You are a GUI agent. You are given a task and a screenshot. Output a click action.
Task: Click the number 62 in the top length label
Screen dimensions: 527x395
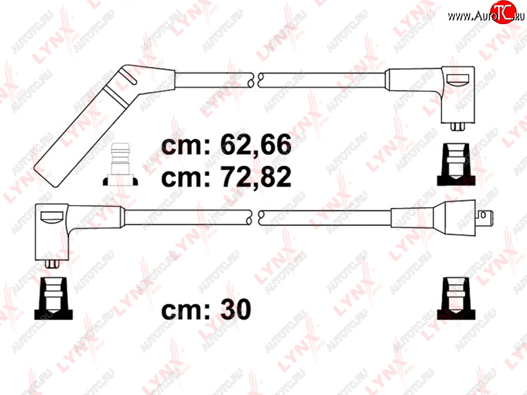(236, 145)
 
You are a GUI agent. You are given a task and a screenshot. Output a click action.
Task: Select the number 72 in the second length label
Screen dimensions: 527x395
(236, 177)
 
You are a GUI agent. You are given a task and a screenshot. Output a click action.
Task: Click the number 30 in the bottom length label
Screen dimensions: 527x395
(236, 309)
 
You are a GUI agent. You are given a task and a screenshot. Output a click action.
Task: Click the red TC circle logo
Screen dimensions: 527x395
(503, 12)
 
